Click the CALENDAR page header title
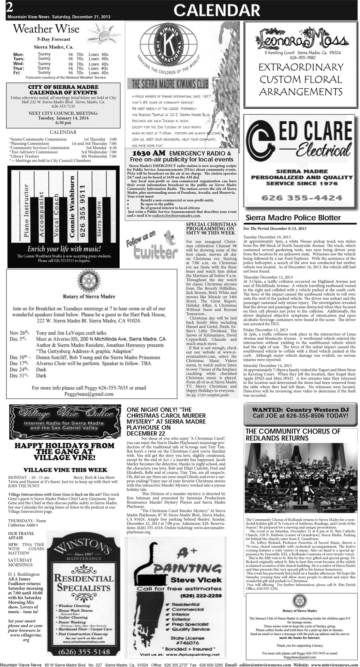[x=216, y=11]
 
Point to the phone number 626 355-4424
[x=302, y=198]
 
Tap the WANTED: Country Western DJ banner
[x=300, y=413]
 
